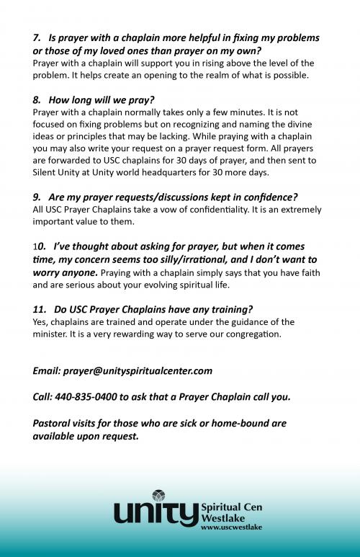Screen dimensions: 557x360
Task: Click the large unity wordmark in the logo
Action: pyautogui.click(x=156, y=514)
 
